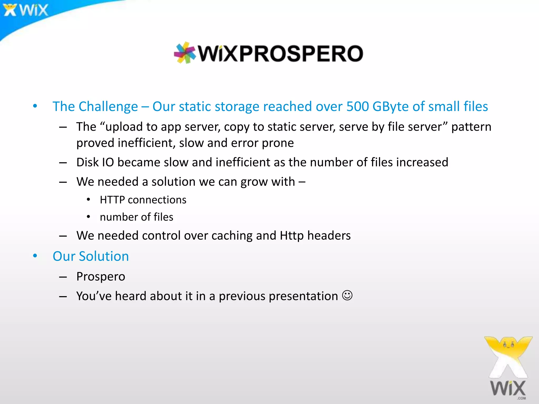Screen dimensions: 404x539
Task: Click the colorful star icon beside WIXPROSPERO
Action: click(x=185, y=53)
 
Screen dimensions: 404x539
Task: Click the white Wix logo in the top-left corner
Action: click(x=26, y=10)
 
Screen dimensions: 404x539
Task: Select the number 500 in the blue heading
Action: click(x=357, y=107)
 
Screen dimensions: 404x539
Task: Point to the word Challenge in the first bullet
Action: click(x=108, y=107)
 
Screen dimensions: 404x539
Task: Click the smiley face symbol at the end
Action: click(x=347, y=295)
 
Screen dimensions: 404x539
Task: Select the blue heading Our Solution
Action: click(x=91, y=256)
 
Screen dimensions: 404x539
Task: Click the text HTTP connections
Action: click(x=143, y=200)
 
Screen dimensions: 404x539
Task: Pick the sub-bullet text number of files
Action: click(x=136, y=217)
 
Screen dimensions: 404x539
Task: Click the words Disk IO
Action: click(x=95, y=162)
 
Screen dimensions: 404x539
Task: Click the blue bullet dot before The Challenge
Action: click(x=35, y=106)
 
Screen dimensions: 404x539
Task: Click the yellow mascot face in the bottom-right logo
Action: click(x=508, y=345)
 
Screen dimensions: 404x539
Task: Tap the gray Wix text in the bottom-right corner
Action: click(x=508, y=388)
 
